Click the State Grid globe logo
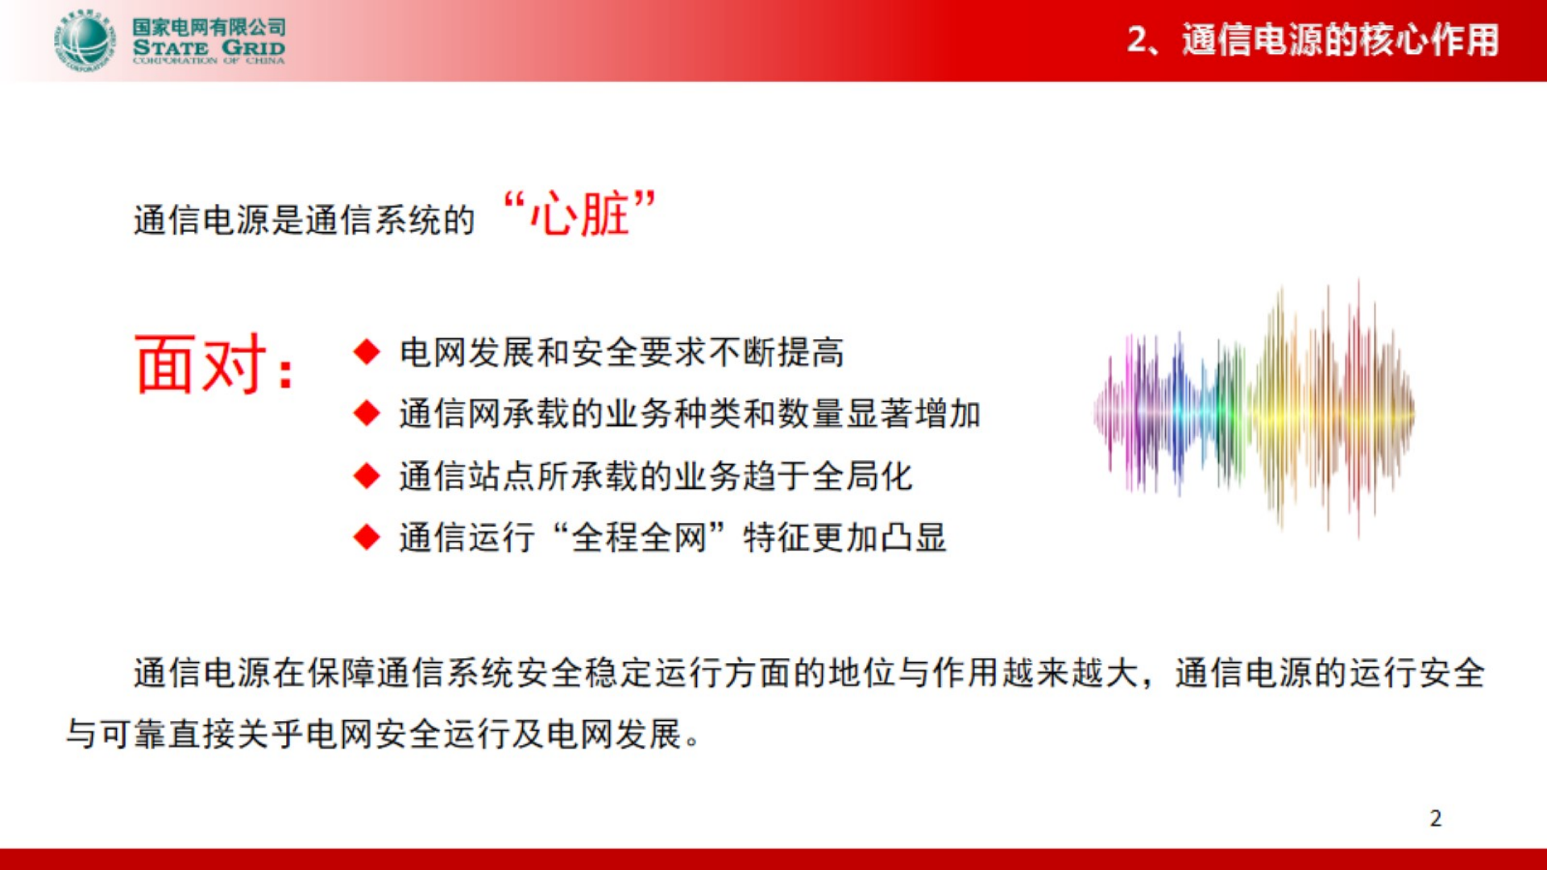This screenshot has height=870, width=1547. point(84,41)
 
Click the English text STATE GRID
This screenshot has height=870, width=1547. point(209,48)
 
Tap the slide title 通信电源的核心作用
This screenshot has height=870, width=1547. point(1340,40)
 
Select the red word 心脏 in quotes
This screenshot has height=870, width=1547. point(579,214)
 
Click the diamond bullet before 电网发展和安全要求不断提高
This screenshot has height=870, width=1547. point(367,352)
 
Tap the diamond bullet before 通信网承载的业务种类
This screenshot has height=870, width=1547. point(367,413)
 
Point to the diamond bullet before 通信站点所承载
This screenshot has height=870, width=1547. point(367,475)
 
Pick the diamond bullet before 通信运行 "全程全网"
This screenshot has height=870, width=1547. point(367,537)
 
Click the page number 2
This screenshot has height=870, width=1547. point(1435,818)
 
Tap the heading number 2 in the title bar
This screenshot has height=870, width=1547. point(1137,40)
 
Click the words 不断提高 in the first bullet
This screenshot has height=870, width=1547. point(776,352)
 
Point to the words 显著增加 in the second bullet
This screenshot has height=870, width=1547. point(913,413)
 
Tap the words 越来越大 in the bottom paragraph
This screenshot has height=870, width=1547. point(1068,673)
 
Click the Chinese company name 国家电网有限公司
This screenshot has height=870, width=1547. point(209,27)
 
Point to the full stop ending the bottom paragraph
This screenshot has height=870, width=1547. point(692,742)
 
